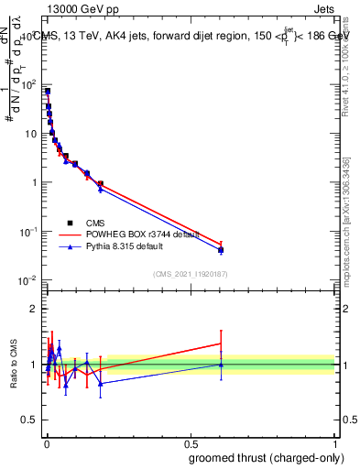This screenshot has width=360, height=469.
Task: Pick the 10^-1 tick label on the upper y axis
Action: pos(27,232)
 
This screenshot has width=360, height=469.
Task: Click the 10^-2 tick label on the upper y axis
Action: pos(27,280)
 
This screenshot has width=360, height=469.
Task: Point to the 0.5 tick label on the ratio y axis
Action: pos(29,421)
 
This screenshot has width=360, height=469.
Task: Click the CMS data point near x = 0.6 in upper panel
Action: pos(221,250)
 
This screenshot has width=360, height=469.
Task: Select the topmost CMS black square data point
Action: pos(47,92)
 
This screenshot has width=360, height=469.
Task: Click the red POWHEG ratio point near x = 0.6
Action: pos(221,344)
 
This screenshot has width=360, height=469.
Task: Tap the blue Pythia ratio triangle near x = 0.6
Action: pos(221,365)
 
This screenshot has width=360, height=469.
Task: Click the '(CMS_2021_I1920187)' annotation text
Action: pos(191,273)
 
